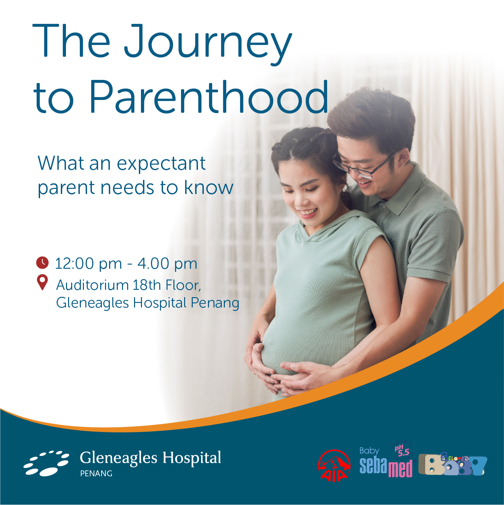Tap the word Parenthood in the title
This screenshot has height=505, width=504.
coord(209,97)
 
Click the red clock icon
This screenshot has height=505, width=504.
coord(42,263)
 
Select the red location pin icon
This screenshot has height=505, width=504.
coord(42,283)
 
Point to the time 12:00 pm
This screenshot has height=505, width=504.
coord(88,263)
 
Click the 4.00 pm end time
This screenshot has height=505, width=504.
coord(167,263)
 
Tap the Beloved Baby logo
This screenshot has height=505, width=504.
coord(453,465)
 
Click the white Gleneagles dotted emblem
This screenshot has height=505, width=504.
coord(46,463)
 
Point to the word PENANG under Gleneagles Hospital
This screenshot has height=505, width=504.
coord(96,474)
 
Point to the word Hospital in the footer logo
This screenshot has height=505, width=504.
coord(192,458)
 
